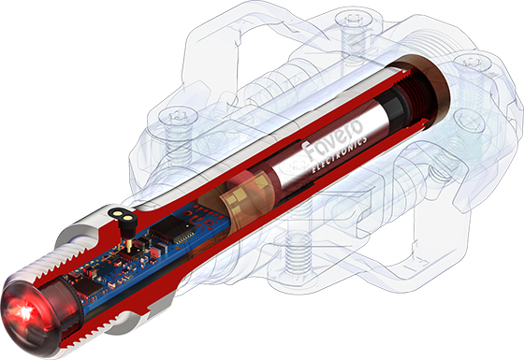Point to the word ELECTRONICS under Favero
[339, 154]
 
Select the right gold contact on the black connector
[127, 218]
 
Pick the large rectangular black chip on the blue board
[172, 230]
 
